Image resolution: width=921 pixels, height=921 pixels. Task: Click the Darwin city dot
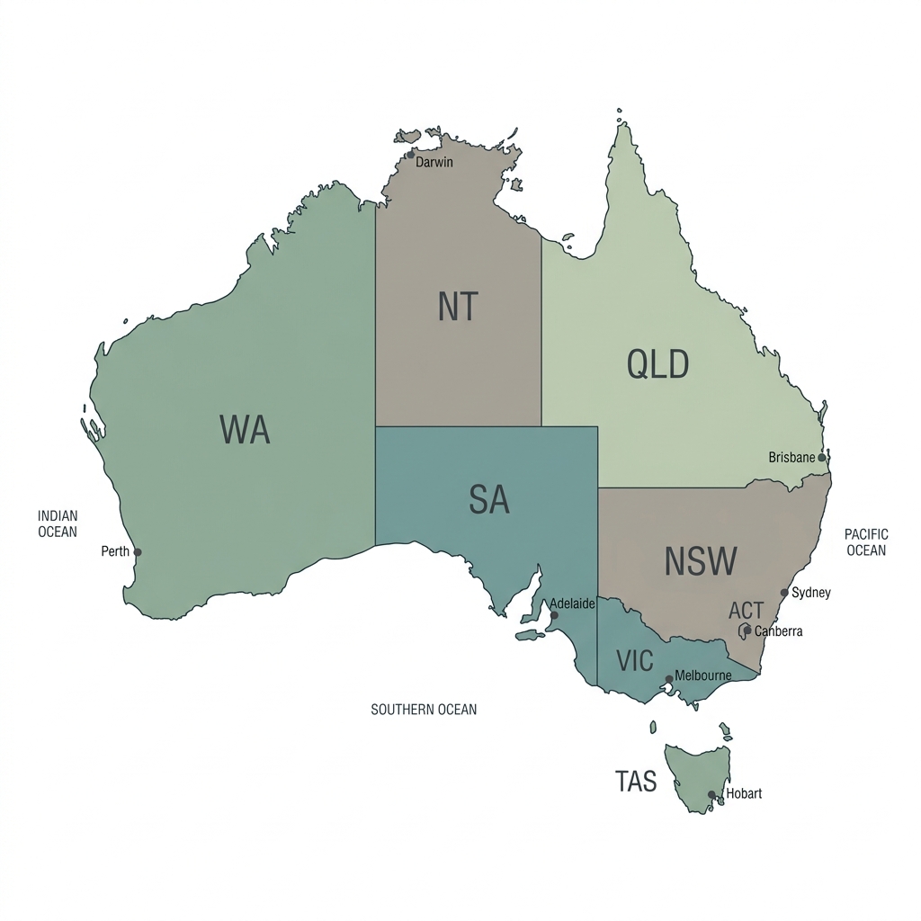(411, 155)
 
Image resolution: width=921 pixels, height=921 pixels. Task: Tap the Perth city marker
(138, 552)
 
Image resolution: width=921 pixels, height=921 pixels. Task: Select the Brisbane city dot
(821, 458)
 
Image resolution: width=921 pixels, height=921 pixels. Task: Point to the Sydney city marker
(784, 593)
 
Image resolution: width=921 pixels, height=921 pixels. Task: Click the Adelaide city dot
(554, 615)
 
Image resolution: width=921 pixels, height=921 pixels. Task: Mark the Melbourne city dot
(669, 679)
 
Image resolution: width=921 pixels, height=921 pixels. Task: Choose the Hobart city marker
(711, 794)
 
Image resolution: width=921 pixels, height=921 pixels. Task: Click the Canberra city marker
(747, 630)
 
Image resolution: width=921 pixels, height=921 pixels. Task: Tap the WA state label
(245, 430)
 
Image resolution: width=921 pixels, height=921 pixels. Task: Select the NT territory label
(459, 307)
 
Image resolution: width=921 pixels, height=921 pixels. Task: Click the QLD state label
(657, 365)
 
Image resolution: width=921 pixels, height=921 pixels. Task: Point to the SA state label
(489, 499)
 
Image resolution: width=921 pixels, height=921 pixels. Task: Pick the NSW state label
(701, 561)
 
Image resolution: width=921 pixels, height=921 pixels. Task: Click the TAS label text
(636, 782)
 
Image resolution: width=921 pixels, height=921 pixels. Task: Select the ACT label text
(746, 612)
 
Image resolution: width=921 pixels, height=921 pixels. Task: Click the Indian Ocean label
(58, 523)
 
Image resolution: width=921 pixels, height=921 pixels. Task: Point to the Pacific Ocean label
(866, 542)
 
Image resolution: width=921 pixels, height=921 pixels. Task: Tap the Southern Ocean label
(424, 710)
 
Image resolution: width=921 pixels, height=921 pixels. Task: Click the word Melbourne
(703, 675)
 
